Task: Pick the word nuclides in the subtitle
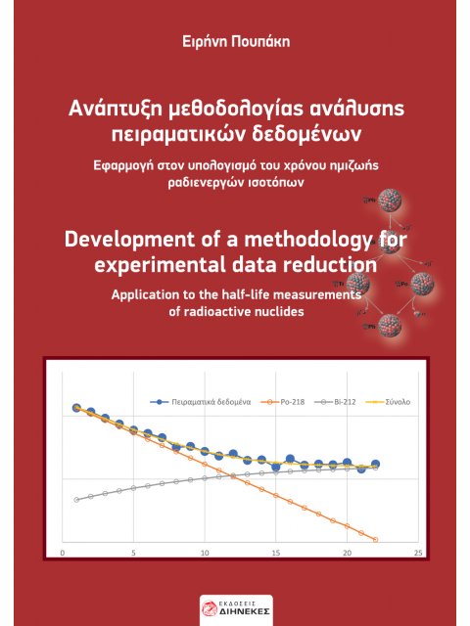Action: (276, 311)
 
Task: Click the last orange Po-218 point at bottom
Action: (376, 538)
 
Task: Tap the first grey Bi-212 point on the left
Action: (76, 499)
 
